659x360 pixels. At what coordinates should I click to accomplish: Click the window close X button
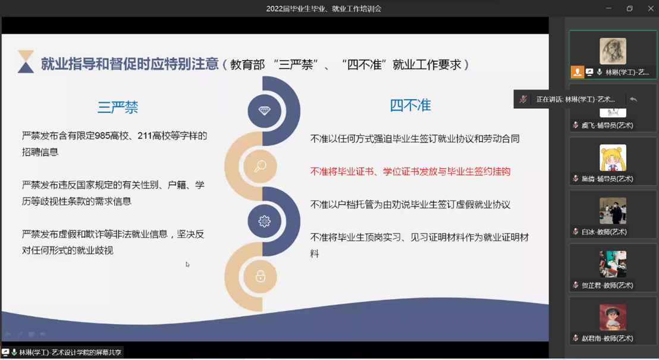point(651,8)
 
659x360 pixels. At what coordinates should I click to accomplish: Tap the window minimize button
point(608,8)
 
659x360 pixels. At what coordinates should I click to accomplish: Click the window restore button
point(630,8)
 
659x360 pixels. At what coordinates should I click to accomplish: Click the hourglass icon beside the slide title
point(26,61)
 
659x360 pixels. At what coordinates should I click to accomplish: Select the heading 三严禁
point(118,107)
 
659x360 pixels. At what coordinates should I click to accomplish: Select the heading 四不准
point(410,105)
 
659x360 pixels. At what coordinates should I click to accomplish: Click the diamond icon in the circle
point(264,111)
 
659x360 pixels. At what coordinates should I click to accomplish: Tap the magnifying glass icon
point(260,166)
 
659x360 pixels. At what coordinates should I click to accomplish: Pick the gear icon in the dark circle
point(264,221)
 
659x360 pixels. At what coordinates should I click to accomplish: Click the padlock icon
point(261,276)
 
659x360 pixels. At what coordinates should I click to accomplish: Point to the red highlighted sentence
point(410,171)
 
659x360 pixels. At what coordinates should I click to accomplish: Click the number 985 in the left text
point(102,136)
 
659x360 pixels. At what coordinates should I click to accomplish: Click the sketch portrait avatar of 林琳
point(613,51)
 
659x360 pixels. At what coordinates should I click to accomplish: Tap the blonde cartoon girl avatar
point(613,158)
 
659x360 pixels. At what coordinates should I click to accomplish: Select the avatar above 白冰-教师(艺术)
point(613,211)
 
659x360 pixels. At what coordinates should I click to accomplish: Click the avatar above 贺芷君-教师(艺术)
point(613,264)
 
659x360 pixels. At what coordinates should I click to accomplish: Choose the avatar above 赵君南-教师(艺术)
point(613,317)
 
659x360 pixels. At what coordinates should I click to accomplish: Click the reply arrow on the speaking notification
point(633,99)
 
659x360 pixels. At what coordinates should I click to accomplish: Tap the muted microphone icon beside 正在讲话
point(523,99)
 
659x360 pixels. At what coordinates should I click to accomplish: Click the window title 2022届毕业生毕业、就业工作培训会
point(324,9)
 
